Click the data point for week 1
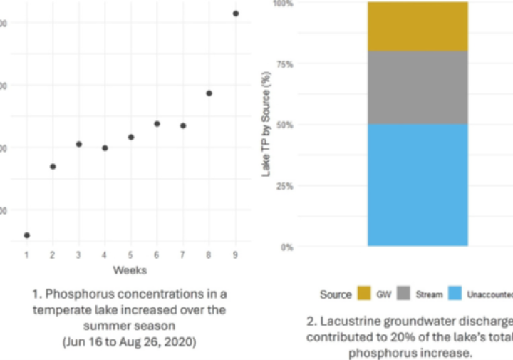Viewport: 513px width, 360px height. (x=26, y=235)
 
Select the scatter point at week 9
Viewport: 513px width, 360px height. (x=236, y=14)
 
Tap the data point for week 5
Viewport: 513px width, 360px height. (x=131, y=137)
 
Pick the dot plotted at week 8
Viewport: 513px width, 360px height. (x=209, y=93)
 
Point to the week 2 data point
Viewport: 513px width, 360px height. (x=53, y=166)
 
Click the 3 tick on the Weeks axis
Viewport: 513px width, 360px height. (x=78, y=254)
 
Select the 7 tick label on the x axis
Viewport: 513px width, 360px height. (x=183, y=254)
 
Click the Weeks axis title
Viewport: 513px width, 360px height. (x=130, y=270)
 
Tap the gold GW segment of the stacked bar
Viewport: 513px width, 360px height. (x=418, y=26)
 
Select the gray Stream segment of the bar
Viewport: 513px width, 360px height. (x=418, y=88)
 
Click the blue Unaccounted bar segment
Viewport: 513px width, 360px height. (x=418, y=185)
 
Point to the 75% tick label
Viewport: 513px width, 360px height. (x=284, y=64)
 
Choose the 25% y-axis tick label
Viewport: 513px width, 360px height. (x=284, y=186)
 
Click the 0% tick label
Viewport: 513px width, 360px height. (x=286, y=247)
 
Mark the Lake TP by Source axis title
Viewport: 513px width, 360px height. (x=266, y=125)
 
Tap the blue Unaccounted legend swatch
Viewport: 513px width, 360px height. (x=455, y=294)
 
